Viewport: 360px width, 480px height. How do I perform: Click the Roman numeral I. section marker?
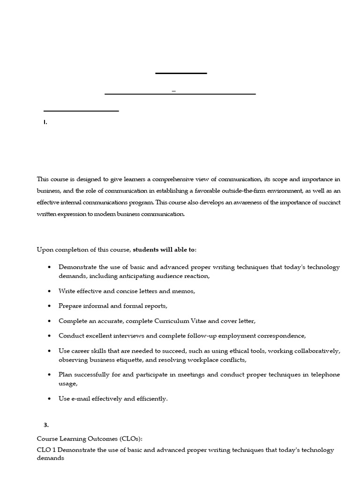click(x=45, y=122)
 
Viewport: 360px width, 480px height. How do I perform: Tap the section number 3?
click(x=46, y=425)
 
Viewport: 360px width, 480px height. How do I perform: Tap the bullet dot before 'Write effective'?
click(x=49, y=291)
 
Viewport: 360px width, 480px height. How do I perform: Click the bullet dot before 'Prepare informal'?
click(x=49, y=306)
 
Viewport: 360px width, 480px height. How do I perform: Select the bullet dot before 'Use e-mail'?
click(x=49, y=399)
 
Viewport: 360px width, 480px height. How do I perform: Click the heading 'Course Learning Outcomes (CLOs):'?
click(x=90, y=439)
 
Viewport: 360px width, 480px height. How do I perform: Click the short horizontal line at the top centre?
click(x=181, y=73)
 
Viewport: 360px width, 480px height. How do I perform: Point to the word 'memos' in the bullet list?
click(x=183, y=291)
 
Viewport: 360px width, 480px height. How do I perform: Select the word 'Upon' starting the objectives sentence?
click(x=45, y=249)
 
